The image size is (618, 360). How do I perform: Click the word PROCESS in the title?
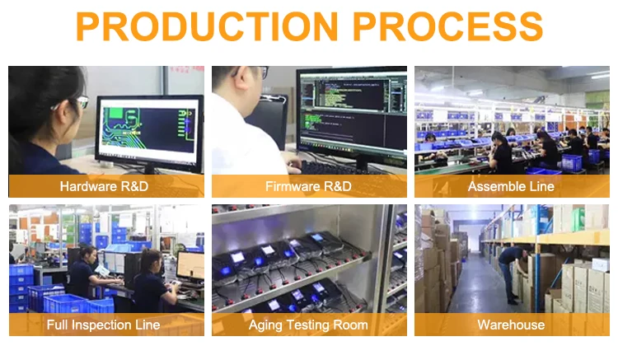pos(449,26)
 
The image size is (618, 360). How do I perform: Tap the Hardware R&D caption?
pos(104,186)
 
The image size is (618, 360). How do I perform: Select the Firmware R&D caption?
pos(308,186)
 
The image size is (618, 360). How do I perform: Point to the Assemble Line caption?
pos(511,186)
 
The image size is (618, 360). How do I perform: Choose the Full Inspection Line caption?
pos(104,325)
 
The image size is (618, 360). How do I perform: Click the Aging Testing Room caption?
pos(308,325)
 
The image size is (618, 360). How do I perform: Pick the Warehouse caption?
pos(511,325)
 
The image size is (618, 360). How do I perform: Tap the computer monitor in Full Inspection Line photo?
pos(190,265)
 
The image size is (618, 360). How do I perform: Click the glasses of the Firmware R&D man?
pos(257,72)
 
